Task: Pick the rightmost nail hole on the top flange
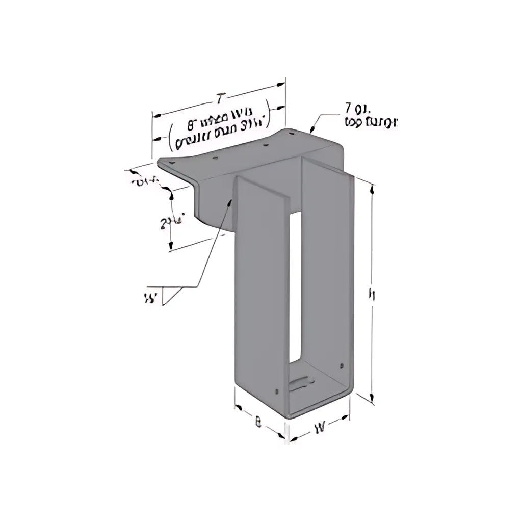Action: point(292,134)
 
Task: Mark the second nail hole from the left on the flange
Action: point(215,158)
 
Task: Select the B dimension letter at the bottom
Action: point(258,423)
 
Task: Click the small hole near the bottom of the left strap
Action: point(276,391)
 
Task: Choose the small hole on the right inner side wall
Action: point(341,366)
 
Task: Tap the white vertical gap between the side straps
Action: point(295,285)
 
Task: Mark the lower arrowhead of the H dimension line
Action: point(373,400)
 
